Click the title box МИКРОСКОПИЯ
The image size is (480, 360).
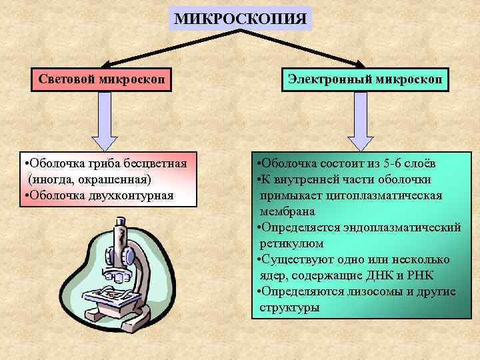click(x=240, y=18)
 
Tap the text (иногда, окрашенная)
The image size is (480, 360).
click(x=89, y=180)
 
